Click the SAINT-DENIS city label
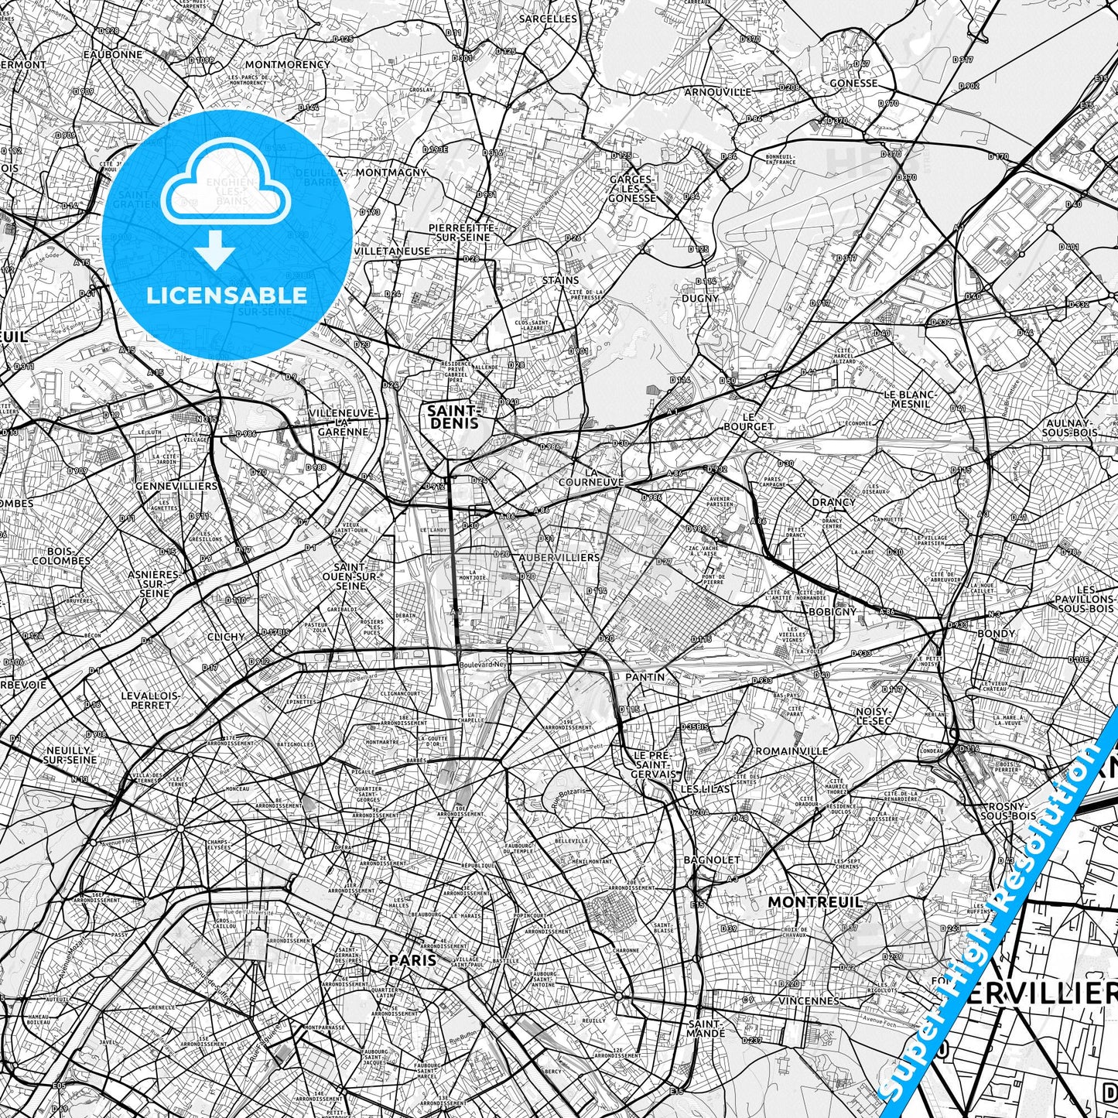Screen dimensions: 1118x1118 point(453,417)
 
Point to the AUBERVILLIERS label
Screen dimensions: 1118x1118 point(559,557)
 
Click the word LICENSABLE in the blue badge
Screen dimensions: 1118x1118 point(227,296)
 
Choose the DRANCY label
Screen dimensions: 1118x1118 point(833,502)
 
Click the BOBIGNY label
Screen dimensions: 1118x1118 point(832,611)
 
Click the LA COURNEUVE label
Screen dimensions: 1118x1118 point(603,477)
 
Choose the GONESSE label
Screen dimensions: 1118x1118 point(853,83)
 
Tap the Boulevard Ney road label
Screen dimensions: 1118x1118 point(481,664)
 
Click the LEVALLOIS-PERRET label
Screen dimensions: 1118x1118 point(151,700)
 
